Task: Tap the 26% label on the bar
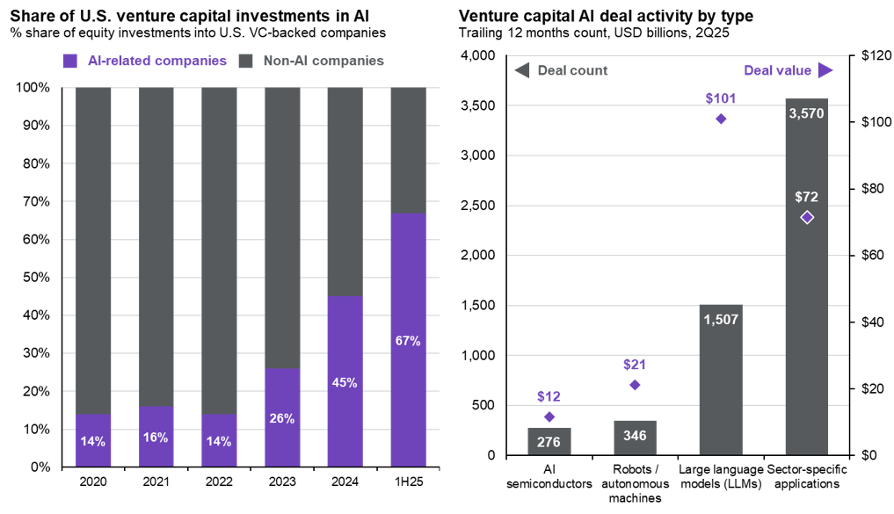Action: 281,419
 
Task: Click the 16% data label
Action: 156,437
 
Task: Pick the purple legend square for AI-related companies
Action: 70,62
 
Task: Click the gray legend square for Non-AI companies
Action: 246,62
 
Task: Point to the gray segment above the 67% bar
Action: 408,149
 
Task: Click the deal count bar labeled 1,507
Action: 721,387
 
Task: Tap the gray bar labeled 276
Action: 549,441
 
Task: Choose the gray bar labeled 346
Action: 635,437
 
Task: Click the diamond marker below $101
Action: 721,119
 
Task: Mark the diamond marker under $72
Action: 807,217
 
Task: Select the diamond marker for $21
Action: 635,385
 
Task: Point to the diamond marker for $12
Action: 549,416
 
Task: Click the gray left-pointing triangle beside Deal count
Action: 521,70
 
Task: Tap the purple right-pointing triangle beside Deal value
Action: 825,70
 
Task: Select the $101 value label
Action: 720,98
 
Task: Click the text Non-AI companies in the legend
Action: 323,62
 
